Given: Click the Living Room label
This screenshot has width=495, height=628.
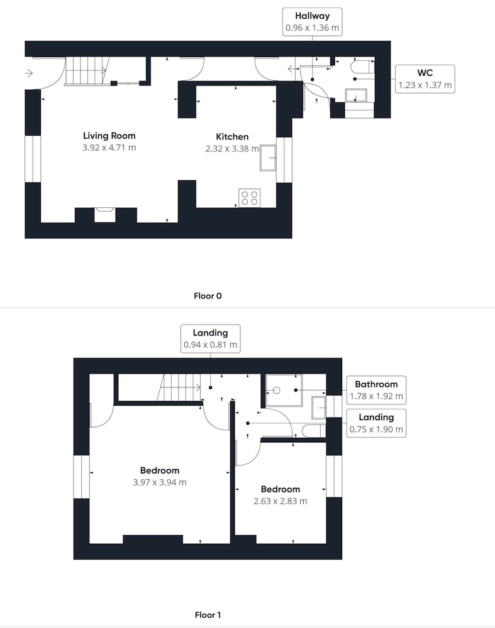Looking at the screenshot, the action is coord(109,136).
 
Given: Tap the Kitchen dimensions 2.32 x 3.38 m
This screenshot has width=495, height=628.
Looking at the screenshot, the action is coord(232,149).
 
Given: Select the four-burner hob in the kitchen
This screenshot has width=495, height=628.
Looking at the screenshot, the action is coord(250,198).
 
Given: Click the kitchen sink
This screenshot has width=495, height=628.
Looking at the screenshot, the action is coord(268,158).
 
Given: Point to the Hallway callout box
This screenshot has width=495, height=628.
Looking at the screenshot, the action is coord(313,22).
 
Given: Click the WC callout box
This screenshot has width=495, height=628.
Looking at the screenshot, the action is coord(425,79).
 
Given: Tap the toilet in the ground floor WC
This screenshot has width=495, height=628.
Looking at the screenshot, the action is coord(363,67).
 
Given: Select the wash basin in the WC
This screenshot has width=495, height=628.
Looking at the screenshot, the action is coord(356,95).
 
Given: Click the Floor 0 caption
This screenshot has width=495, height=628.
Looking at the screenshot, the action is coord(208,296).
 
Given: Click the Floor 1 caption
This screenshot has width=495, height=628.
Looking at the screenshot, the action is coord(208,615).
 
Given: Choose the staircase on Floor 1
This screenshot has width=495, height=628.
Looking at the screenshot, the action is coord(179,387).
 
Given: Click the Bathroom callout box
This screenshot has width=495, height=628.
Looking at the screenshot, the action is coord(376,390).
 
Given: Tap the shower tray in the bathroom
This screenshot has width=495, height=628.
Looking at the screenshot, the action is coord(284,391).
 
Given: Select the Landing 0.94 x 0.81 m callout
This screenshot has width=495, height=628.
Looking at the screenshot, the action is coord(211,339).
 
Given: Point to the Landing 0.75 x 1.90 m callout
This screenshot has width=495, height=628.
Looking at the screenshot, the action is coord(376,423).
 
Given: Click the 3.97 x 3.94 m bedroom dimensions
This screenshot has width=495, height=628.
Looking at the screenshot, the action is coord(160,482).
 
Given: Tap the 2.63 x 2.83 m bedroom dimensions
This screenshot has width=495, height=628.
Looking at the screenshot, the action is coord(281,501).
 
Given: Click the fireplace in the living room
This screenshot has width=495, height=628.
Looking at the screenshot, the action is coord(105,215).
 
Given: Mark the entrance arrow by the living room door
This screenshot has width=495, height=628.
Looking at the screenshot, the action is coord(28,73).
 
